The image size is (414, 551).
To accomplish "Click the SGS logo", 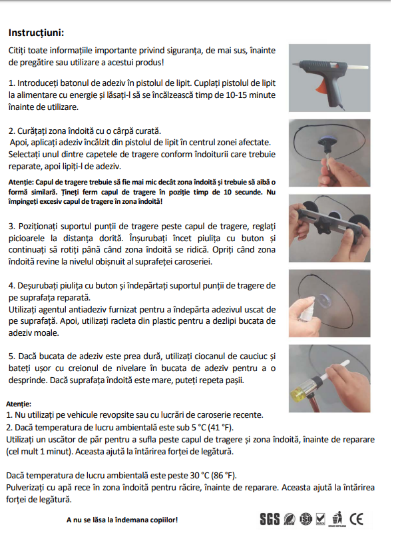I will pos(269,518).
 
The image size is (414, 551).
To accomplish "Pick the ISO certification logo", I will pos(306,518).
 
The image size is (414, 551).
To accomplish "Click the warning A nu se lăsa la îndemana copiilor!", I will pos(122,520).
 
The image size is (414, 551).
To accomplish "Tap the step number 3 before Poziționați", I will pos(11,227).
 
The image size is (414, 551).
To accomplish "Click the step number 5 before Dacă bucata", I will pos(11,356).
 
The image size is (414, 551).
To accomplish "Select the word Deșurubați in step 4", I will pos(41,285).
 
